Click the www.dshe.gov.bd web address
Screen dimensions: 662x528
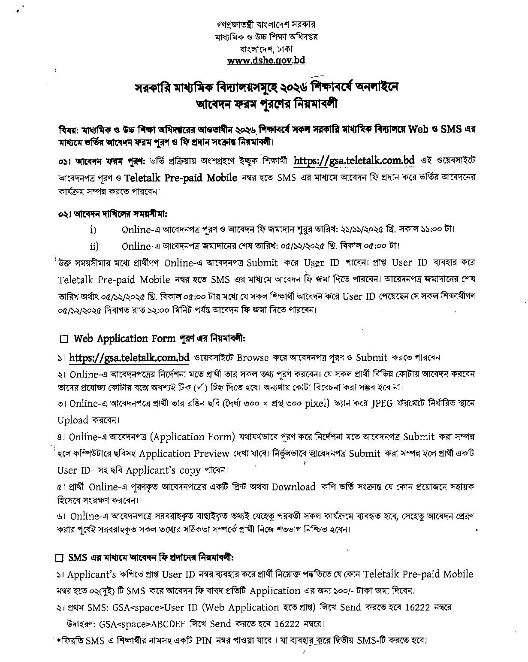266,60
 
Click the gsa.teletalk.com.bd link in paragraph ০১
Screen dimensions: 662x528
354,160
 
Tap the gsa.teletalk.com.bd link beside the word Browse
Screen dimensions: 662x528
129,357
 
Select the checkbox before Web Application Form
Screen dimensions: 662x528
64,339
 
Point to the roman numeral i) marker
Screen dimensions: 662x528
93,230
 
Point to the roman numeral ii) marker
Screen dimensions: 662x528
94,246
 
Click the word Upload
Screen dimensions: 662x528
72,420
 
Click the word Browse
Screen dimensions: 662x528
253,357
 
